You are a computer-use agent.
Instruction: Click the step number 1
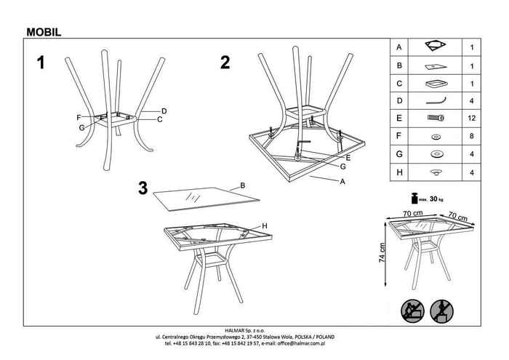click(x=41, y=63)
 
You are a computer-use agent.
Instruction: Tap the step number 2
click(x=225, y=63)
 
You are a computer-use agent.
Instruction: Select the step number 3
click(x=143, y=188)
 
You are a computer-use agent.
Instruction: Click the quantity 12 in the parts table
click(x=472, y=117)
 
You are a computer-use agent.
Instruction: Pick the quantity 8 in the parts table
click(x=472, y=135)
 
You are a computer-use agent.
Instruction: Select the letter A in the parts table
click(x=399, y=47)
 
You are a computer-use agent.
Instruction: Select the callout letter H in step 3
click(x=265, y=227)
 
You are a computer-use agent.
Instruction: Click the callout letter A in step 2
click(x=341, y=182)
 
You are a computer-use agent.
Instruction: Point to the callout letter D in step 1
click(x=164, y=111)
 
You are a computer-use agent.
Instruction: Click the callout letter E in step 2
click(x=349, y=157)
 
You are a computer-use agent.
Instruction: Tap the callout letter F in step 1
click(x=78, y=117)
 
